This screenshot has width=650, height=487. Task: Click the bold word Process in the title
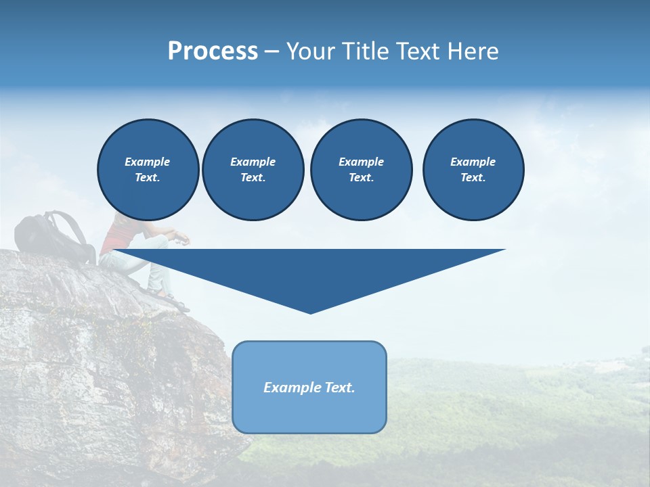point(213,51)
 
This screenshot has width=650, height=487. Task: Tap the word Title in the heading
point(364,51)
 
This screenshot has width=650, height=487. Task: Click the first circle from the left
point(148,169)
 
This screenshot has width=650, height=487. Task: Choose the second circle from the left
point(253,169)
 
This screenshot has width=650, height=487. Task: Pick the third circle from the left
point(361,169)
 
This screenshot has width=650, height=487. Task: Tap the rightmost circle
point(473,169)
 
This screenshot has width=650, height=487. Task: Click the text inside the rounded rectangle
point(309,388)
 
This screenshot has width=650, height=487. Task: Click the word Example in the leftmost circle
point(148,162)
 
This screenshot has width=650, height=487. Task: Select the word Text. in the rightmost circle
point(473,177)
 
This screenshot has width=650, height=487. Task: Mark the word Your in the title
point(311,51)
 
